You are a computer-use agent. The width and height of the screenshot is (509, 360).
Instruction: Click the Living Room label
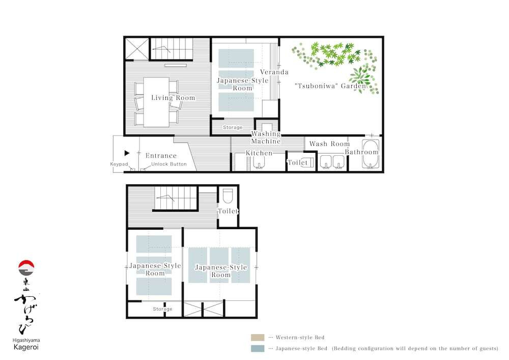point(173,98)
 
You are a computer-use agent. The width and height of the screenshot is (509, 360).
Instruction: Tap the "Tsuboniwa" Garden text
point(330,86)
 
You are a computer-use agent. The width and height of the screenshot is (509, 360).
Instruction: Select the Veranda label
point(274,72)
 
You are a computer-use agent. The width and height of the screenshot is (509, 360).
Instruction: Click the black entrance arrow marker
point(127,153)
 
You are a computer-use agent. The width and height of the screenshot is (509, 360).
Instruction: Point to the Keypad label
point(119,164)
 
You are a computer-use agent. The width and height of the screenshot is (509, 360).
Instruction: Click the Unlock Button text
point(169,164)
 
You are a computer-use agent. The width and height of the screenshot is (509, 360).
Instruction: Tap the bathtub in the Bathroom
point(371,154)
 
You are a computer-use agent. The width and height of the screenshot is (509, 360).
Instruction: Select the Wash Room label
point(329,144)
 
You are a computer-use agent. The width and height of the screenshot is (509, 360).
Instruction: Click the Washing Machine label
point(266,137)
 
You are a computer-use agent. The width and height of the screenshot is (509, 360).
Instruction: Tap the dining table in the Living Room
point(156,102)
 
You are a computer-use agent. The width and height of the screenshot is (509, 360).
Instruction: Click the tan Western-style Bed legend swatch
point(258,337)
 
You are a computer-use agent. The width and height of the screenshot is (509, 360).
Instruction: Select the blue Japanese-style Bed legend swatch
point(258,348)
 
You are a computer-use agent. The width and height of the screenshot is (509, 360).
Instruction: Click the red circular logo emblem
point(26,268)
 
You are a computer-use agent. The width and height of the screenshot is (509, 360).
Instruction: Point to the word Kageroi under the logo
point(26,347)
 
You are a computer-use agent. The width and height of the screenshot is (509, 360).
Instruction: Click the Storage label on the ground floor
point(233,127)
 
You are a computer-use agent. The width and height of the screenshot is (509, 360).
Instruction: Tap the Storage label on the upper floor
point(162,309)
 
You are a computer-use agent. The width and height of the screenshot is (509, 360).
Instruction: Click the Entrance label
point(161,156)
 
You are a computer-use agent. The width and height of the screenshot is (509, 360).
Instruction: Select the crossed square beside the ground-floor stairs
point(137,49)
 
